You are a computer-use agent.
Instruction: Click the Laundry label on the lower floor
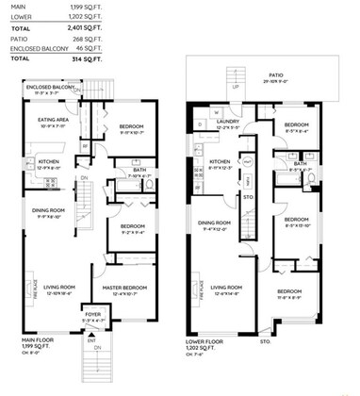point(231,120)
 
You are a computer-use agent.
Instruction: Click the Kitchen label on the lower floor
point(205,161)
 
